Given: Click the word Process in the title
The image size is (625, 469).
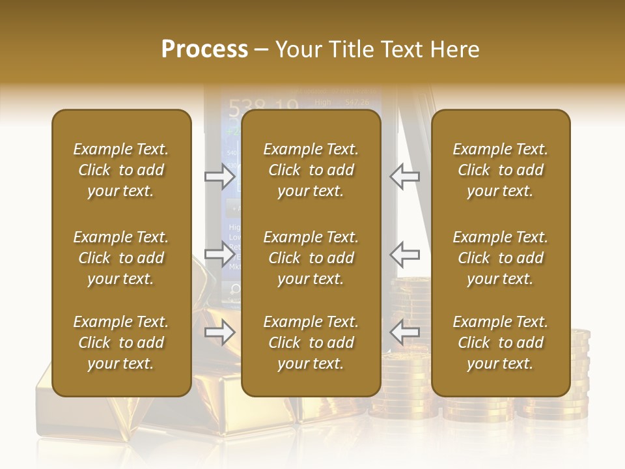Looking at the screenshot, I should pyautogui.click(x=204, y=50).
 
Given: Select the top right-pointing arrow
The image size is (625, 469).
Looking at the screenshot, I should pyautogui.click(x=220, y=176).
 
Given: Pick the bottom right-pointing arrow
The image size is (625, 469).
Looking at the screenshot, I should pyautogui.click(x=220, y=333).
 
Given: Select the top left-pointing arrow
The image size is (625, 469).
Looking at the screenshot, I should pyautogui.click(x=405, y=176).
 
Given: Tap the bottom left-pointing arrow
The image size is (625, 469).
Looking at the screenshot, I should pyautogui.click(x=405, y=333).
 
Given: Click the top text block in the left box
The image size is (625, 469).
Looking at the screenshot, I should pyautogui.click(x=121, y=170).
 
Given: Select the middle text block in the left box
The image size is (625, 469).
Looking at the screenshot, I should pyautogui.click(x=121, y=258).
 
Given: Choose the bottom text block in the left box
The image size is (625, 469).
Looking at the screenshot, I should pyautogui.click(x=121, y=343).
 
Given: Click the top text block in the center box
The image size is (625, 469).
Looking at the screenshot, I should pyautogui.click(x=311, y=170).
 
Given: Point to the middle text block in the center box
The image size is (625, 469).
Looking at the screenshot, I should pyautogui.click(x=311, y=258).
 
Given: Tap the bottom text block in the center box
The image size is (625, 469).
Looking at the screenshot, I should pyautogui.click(x=311, y=343).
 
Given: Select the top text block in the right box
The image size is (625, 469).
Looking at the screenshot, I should pyautogui.click(x=501, y=170).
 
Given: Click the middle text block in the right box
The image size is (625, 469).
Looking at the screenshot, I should pyautogui.click(x=501, y=258).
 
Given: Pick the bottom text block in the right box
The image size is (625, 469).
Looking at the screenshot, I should pyautogui.click(x=501, y=343).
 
